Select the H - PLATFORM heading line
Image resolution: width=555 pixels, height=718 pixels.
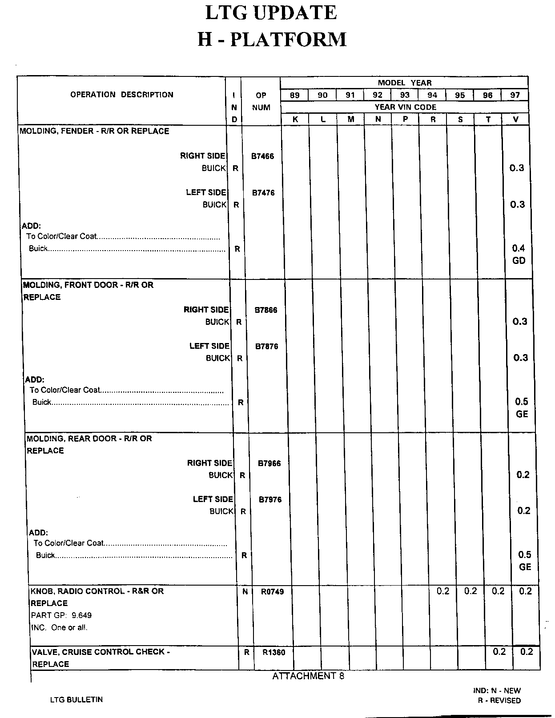(x=272, y=39)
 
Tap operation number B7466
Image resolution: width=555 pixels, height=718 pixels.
(x=262, y=156)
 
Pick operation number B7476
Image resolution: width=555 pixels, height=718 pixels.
(x=263, y=193)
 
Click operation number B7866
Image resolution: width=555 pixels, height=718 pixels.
(x=266, y=310)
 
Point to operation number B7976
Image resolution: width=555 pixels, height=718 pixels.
(x=270, y=499)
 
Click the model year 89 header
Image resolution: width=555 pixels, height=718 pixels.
(x=294, y=95)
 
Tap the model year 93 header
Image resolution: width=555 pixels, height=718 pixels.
(x=405, y=95)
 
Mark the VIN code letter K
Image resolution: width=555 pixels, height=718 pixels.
(x=295, y=120)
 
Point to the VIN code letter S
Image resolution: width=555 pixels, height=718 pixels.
(x=460, y=120)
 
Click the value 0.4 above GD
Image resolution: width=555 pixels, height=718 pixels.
(x=519, y=248)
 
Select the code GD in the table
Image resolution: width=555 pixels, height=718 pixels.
(x=519, y=261)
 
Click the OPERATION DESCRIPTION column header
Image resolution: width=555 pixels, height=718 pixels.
(x=122, y=95)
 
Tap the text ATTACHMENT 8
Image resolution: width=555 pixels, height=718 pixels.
(x=308, y=676)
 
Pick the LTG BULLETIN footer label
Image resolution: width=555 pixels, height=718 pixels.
(x=76, y=699)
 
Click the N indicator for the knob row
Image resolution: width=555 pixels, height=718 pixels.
(x=245, y=592)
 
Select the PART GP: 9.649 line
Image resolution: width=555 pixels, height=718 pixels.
(x=61, y=615)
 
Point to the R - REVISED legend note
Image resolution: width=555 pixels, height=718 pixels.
(x=499, y=700)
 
